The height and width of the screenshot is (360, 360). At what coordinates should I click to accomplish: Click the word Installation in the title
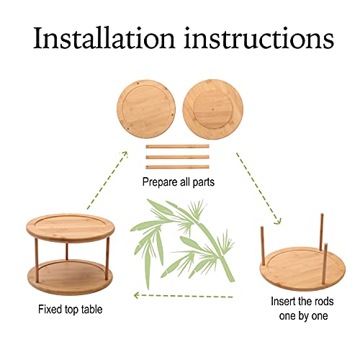104,38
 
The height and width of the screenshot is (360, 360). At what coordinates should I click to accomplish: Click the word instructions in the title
259,38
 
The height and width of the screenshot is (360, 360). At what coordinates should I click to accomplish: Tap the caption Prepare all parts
179,182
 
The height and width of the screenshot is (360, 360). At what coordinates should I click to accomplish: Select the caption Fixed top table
71,310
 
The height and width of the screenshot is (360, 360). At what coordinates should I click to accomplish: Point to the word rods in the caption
323,302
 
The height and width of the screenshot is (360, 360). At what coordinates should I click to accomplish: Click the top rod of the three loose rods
177,146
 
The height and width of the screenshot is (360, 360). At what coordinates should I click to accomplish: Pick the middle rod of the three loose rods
177,157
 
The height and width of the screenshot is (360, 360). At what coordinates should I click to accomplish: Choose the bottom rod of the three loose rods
177,167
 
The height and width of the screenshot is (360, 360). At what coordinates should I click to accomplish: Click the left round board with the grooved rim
146,109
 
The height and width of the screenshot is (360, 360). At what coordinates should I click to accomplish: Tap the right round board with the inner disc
213,109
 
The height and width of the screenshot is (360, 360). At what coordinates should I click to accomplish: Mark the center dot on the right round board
213,109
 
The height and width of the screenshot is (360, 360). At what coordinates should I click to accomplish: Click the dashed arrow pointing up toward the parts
107,180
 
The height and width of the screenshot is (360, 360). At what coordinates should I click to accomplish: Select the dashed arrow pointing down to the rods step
258,189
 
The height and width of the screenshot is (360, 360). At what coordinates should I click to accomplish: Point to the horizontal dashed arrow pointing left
184,295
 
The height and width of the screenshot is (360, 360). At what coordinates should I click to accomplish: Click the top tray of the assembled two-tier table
71,228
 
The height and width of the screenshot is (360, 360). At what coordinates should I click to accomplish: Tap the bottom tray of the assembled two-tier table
70,277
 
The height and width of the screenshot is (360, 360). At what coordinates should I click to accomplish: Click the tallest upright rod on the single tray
321,232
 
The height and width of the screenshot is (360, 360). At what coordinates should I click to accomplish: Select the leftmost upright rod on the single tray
263,246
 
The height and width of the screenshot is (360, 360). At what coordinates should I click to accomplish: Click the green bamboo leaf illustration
182,243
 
